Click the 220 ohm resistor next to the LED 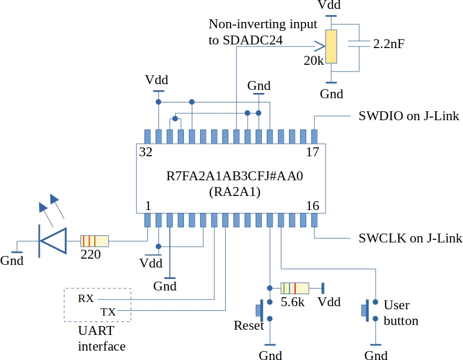95,241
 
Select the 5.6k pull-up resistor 295,288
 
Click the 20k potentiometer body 331,47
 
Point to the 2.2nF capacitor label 388,44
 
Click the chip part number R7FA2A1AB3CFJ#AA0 234,176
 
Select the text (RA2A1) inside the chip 234,192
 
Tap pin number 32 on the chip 146,152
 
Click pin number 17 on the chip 312,152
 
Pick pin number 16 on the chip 312,205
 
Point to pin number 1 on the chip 148,205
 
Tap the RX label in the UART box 86,299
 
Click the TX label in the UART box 108,312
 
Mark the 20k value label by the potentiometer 314,61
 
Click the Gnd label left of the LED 12,260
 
